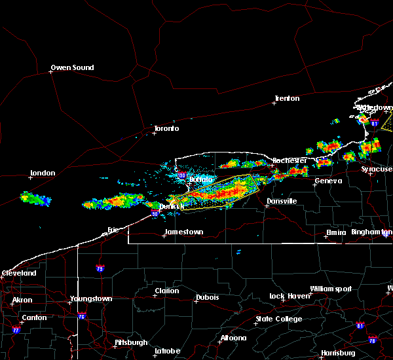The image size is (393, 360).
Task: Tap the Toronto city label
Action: point(166,128)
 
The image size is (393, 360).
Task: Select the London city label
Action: point(43,173)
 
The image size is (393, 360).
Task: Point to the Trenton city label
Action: point(287,98)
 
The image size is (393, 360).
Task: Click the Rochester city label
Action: point(290,160)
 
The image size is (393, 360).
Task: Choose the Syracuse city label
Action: point(378,169)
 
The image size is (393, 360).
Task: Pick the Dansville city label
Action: point(282,201)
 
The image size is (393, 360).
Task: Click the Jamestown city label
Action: point(183,232)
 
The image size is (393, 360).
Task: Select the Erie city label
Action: point(115,229)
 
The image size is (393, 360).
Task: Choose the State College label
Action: point(279,319)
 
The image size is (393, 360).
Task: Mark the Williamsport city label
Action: point(331,289)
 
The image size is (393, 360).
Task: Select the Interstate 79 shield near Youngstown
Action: point(100,268)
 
